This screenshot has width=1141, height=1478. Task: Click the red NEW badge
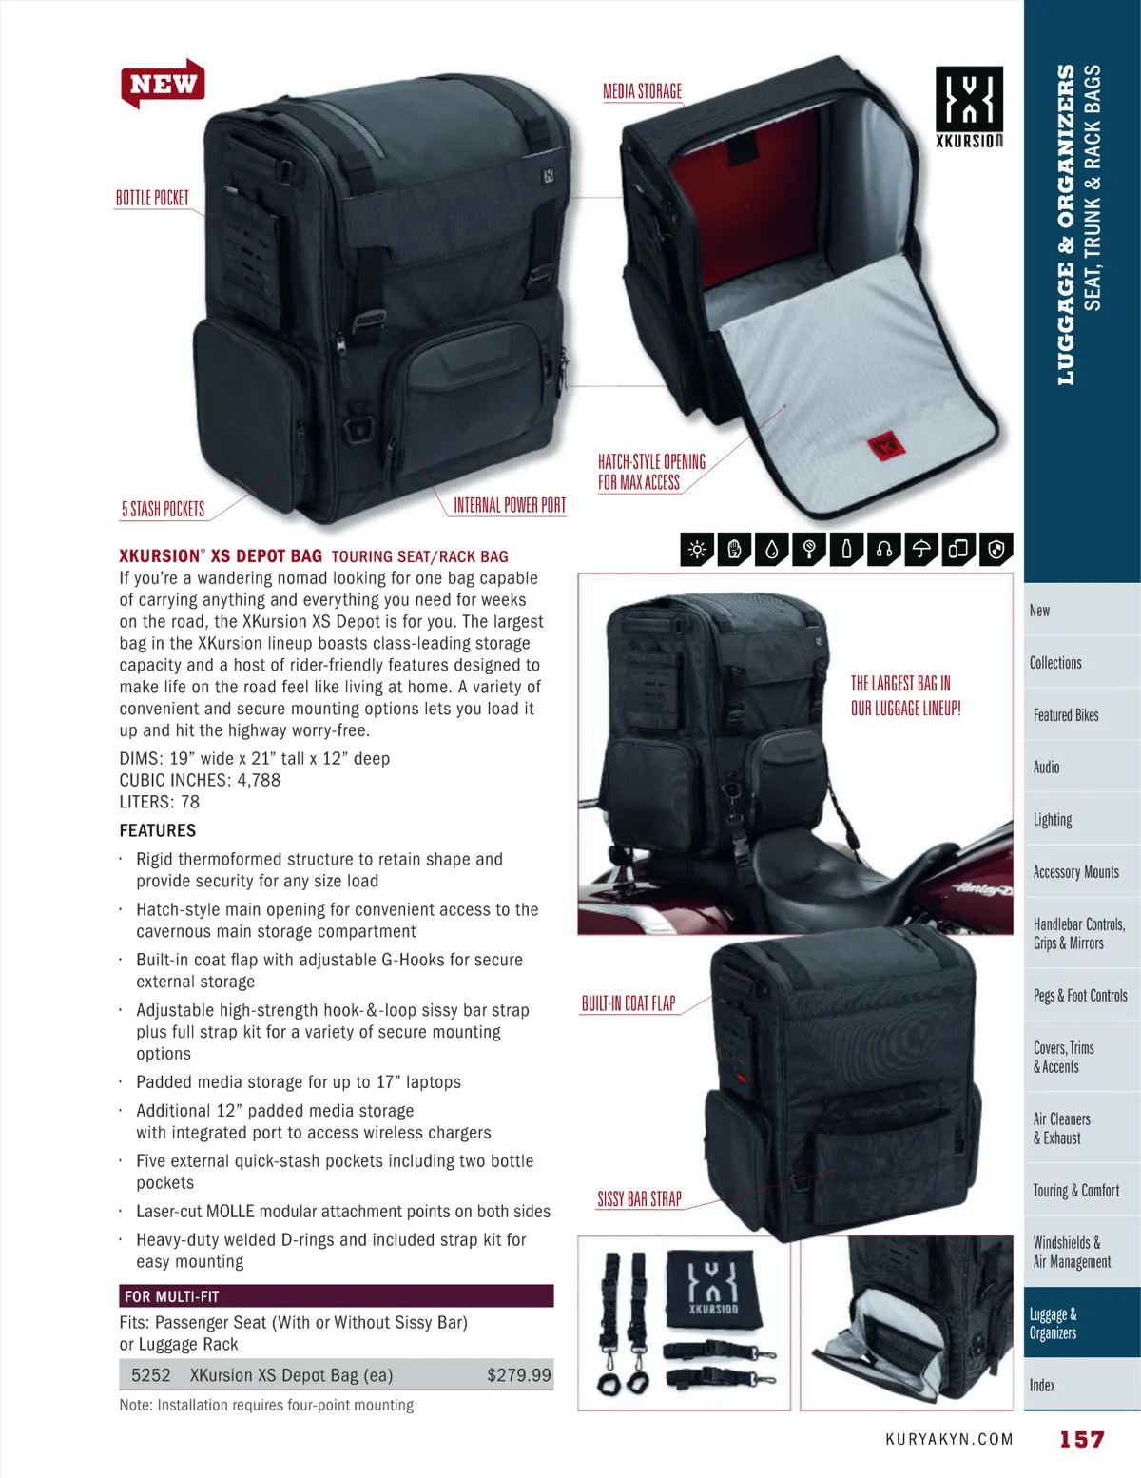163,83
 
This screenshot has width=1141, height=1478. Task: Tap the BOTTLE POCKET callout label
152,198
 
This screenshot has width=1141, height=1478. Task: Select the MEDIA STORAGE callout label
642,91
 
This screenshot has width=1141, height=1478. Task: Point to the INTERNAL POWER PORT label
510,505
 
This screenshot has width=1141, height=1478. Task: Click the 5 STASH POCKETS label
164,509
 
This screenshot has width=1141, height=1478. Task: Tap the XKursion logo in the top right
969,107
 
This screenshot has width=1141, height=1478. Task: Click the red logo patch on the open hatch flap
886,446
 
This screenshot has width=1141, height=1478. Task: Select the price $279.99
519,1374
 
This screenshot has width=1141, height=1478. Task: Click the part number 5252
151,1374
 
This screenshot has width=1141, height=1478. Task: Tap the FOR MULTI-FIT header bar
336,1295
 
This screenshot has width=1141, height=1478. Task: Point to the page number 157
1082,1439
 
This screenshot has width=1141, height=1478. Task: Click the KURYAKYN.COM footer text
949,1439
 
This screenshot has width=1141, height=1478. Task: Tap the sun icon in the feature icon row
697,549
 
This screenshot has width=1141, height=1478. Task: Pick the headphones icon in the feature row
884,549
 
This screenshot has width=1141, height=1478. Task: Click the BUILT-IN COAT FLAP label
629,1003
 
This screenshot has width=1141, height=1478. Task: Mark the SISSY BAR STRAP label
639,1198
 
